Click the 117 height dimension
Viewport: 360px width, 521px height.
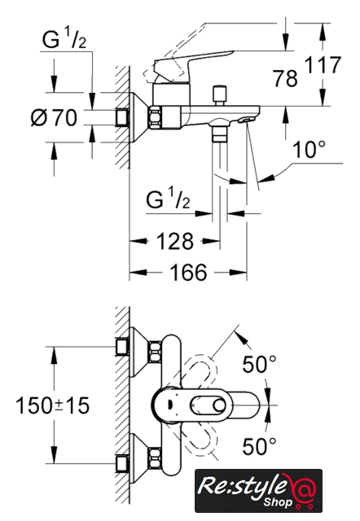click(x=323, y=65)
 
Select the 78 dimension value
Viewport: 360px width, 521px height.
click(x=285, y=79)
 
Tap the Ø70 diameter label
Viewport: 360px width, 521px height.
click(x=54, y=117)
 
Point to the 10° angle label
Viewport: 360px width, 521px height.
click(x=309, y=149)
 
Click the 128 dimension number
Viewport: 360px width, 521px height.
click(x=175, y=241)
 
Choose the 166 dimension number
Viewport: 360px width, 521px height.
click(x=188, y=273)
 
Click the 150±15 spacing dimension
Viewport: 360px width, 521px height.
click(x=53, y=405)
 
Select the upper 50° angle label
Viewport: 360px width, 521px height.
click(x=259, y=364)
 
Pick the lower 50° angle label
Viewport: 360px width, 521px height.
click(x=259, y=446)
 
